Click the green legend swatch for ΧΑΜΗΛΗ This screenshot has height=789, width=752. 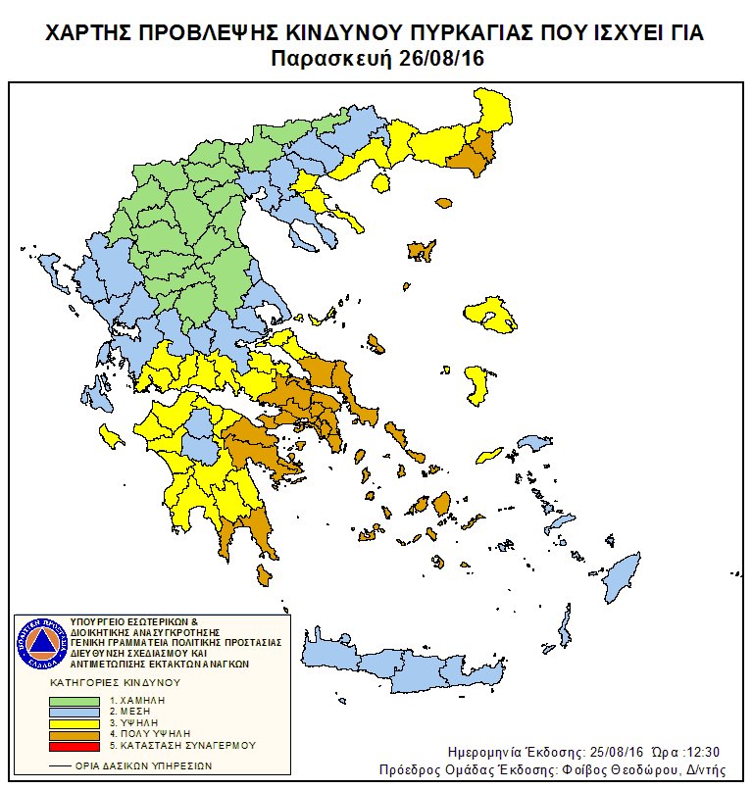[75, 700]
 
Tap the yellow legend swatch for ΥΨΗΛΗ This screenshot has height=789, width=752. [75, 722]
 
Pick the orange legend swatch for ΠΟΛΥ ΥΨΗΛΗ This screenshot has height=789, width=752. [75, 733]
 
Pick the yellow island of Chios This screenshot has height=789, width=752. [476, 384]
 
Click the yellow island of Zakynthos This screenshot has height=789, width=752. [112, 434]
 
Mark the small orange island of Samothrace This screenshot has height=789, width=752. [443, 204]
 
